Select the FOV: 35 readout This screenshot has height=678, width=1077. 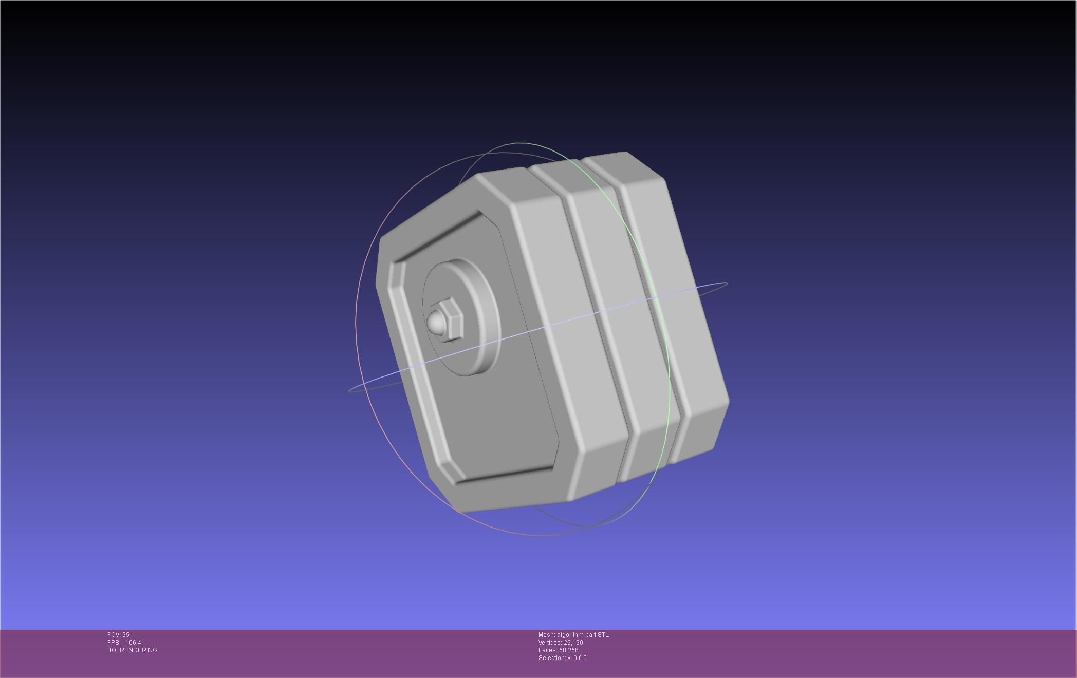pos(118,635)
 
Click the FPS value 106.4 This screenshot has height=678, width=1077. pos(133,643)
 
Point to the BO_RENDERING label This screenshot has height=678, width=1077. pos(132,650)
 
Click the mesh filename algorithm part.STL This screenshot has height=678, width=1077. pos(583,635)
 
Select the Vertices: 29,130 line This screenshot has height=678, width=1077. pos(561,643)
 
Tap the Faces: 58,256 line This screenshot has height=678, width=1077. pos(559,650)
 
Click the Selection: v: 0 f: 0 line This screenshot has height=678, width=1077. pos(562,658)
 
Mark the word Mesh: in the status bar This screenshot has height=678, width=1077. pos(546,635)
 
